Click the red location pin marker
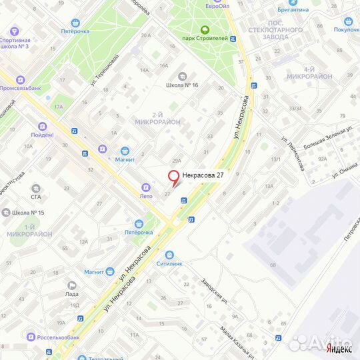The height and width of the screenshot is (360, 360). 174,177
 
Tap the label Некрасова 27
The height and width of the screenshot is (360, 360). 202,175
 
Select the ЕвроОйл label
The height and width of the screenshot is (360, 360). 218,6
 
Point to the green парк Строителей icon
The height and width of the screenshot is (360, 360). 204,29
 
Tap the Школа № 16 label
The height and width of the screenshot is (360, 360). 183,85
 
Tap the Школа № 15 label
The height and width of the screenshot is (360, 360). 28,213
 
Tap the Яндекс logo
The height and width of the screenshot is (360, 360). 339,348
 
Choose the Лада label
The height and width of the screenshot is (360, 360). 72,294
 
